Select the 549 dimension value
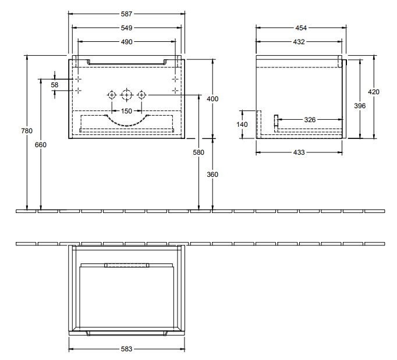(x=127, y=27)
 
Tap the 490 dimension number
(x=127, y=41)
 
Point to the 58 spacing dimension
(x=55, y=85)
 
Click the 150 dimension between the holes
(x=126, y=111)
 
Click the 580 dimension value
(x=199, y=152)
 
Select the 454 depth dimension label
(x=300, y=27)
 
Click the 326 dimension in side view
(x=310, y=120)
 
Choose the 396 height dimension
(x=360, y=106)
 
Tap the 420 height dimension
(x=374, y=92)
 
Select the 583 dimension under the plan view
(x=127, y=349)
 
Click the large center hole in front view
(x=126, y=94)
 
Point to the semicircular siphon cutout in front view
(x=126, y=119)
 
